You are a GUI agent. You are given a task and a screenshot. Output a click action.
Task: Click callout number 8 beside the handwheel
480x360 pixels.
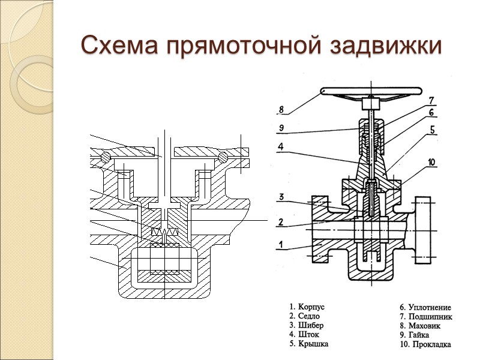[x=280, y=110]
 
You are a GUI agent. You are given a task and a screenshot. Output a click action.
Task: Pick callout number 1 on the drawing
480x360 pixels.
[x=280, y=244]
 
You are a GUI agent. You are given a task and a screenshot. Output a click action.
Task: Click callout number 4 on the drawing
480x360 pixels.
[x=280, y=146]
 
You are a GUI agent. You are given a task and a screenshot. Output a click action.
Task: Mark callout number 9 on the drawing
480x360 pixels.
[x=280, y=127]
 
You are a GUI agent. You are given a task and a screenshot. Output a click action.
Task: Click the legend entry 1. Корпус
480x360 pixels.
[x=307, y=307]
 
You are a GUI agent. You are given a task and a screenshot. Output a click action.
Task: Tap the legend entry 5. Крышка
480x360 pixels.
[x=308, y=343]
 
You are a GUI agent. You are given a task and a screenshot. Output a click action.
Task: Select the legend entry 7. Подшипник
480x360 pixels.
[x=425, y=316]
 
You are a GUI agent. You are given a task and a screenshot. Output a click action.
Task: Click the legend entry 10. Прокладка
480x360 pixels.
[x=425, y=344]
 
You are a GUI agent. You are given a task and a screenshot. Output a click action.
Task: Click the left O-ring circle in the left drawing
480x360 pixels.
[x=106, y=157]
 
